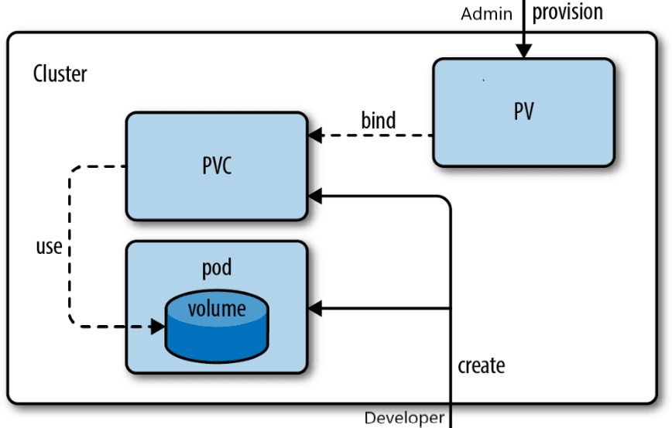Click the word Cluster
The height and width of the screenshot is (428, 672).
point(60,74)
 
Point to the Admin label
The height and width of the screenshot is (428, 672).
point(486,14)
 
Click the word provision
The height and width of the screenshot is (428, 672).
point(567,12)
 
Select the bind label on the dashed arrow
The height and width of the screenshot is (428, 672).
point(378,121)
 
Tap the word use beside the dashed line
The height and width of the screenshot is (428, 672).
point(48,248)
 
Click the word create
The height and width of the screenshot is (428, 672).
point(481,365)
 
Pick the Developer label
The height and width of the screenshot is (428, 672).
point(404,418)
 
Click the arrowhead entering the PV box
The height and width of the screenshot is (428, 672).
point(524,51)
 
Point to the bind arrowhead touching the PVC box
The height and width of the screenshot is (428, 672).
point(314,136)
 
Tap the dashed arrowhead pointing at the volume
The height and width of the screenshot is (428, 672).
point(158,327)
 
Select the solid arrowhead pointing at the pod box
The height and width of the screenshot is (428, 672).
point(314,309)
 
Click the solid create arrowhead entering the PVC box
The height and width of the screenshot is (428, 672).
point(314,197)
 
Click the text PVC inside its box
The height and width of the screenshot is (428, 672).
point(217,166)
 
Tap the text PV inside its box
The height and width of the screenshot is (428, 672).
point(523,111)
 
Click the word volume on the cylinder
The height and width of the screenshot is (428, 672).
point(217,309)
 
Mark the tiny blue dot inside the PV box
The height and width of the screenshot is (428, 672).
point(484,79)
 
